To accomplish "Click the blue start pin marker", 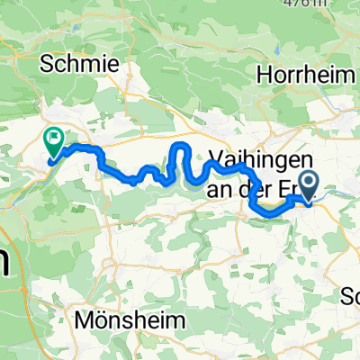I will click(310, 184).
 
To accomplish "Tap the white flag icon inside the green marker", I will click(55, 139).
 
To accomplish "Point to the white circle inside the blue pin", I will click(310, 182).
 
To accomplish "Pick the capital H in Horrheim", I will click(265, 76).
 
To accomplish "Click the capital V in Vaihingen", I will click(216, 154).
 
